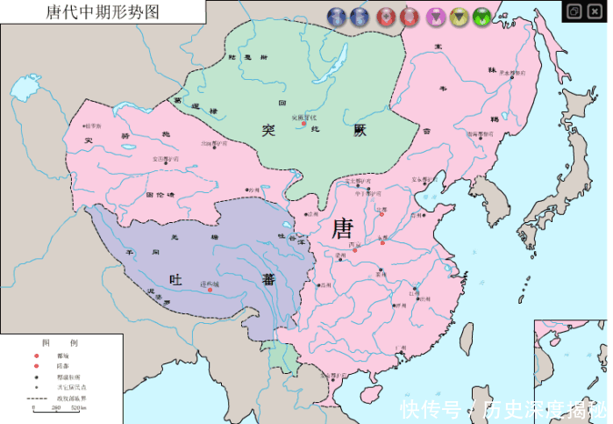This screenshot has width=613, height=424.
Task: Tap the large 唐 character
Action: pyautogui.click(x=343, y=229)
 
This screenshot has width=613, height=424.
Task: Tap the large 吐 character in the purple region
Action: pyautogui.click(x=175, y=279)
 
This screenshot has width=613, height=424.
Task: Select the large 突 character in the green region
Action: pyautogui.click(x=268, y=130)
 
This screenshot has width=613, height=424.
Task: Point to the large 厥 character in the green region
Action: pyautogui.click(x=360, y=130)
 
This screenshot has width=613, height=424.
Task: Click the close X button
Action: pyautogui.click(x=596, y=11)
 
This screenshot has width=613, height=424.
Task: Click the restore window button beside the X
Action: pyautogui.click(x=573, y=11)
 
